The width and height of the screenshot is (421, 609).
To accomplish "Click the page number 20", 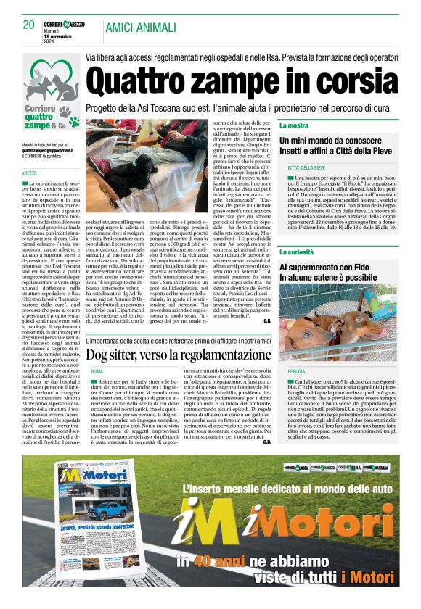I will tap(28, 24).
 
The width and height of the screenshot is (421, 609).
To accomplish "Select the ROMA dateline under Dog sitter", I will tap(97, 371).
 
